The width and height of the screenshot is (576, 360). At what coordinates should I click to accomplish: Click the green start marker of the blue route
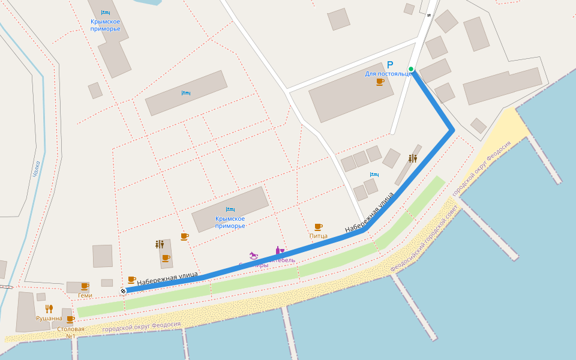pos(411,69)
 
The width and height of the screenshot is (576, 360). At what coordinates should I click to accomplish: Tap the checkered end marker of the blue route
pos(123,291)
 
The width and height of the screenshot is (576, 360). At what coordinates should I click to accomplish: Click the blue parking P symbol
pos(390,65)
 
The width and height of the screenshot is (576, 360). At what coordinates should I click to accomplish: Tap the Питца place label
pos(319,236)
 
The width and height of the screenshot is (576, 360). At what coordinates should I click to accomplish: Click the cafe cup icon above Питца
pos(318,227)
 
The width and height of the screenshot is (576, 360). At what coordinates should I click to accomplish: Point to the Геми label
pos(85,295)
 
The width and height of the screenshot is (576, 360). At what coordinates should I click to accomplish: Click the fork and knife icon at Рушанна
pos(49,309)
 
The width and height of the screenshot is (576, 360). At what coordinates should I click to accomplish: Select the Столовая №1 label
pos(71,332)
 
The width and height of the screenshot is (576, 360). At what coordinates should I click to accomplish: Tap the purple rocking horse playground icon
pos(254,256)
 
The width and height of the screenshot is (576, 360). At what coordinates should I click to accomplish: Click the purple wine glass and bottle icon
pos(279,250)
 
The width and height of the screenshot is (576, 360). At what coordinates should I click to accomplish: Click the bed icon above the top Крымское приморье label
pos(106,13)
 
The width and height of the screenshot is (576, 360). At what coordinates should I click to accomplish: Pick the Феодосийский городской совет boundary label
pos(424,239)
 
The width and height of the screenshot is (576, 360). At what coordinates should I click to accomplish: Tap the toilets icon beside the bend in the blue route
pos(413,158)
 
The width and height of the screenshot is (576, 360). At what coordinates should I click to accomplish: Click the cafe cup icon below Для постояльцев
pos(380,82)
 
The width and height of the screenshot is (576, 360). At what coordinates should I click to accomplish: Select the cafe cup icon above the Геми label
pos(85,286)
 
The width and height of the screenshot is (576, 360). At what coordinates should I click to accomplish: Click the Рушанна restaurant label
pos(49,319)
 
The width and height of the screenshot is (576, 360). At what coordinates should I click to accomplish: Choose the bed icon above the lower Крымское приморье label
pos(230,209)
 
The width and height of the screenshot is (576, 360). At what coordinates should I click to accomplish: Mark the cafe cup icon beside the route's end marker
pos(131,280)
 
